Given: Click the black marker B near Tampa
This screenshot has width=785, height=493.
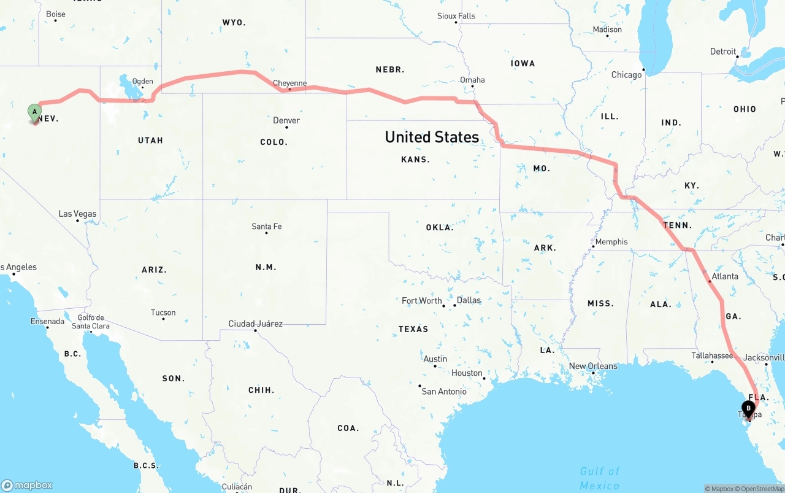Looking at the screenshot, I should click(x=748, y=408).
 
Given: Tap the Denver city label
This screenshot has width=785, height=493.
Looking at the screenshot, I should click(x=286, y=120).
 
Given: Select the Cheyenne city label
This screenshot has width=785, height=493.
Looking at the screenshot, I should click(x=289, y=83).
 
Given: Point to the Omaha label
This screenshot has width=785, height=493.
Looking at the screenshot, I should click(x=472, y=80).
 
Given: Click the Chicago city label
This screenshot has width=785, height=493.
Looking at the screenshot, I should click(x=626, y=75).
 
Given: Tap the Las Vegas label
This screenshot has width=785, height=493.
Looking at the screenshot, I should click(x=77, y=214).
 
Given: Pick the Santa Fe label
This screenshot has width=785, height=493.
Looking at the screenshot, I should click(x=267, y=227).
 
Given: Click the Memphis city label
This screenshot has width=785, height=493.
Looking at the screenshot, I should click(x=611, y=242).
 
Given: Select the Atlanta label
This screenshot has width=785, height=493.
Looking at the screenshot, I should click(x=725, y=276).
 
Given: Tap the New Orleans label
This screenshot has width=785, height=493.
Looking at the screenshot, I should click(x=593, y=366).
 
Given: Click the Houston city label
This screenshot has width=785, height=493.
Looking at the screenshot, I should click(x=467, y=373).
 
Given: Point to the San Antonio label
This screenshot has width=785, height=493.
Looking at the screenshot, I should click(x=444, y=391).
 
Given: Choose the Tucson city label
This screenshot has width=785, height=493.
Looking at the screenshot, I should click(x=163, y=312).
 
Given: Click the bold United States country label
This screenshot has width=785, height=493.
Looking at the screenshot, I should click(x=432, y=137).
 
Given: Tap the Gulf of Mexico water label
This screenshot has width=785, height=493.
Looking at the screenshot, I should click(x=600, y=478).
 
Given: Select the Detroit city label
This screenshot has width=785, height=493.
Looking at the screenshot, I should click(x=723, y=52).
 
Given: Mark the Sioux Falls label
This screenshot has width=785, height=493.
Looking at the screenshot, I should click(x=456, y=16).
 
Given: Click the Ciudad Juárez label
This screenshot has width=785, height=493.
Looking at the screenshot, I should click(x=255, y=324).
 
